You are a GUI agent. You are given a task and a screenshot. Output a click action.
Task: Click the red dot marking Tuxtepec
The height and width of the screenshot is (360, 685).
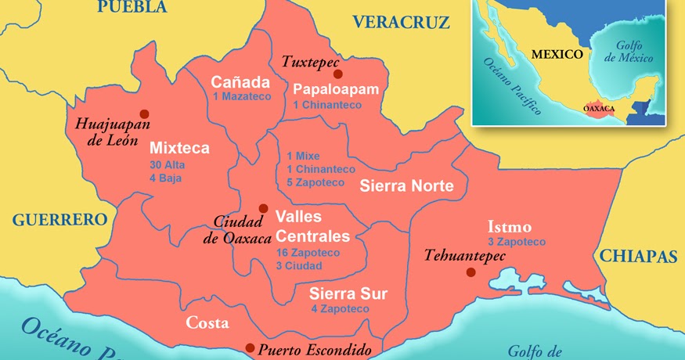click(337, 74)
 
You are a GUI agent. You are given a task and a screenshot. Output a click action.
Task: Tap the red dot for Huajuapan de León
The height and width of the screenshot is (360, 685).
click(143, 113)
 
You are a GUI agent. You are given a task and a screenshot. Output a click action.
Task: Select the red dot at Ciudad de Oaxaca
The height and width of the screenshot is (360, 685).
click(263, 208)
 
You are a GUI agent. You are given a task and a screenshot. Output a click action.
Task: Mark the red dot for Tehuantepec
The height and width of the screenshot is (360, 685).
click(470, 272)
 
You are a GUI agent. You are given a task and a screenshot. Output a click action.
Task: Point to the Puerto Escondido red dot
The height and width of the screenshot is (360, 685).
click(250, 348)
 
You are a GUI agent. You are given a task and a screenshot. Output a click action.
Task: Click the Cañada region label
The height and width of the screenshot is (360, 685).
click(240, 82)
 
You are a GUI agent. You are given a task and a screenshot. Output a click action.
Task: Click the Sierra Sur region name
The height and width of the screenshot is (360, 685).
click(348, 294)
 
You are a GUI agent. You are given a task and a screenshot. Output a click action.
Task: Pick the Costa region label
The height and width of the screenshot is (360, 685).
click(207, 323)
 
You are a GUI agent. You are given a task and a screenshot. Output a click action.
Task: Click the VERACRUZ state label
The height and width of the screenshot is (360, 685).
click(401, 22)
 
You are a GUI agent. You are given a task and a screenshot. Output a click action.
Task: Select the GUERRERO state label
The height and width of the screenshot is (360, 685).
click(59, 219)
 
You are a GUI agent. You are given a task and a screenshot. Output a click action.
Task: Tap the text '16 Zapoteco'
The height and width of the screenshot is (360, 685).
click(308, 253)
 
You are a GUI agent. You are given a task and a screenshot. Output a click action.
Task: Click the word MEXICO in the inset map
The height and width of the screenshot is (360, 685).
click(557, 55)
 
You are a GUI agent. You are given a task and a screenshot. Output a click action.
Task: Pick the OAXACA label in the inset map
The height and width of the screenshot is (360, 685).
click(600, 109)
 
